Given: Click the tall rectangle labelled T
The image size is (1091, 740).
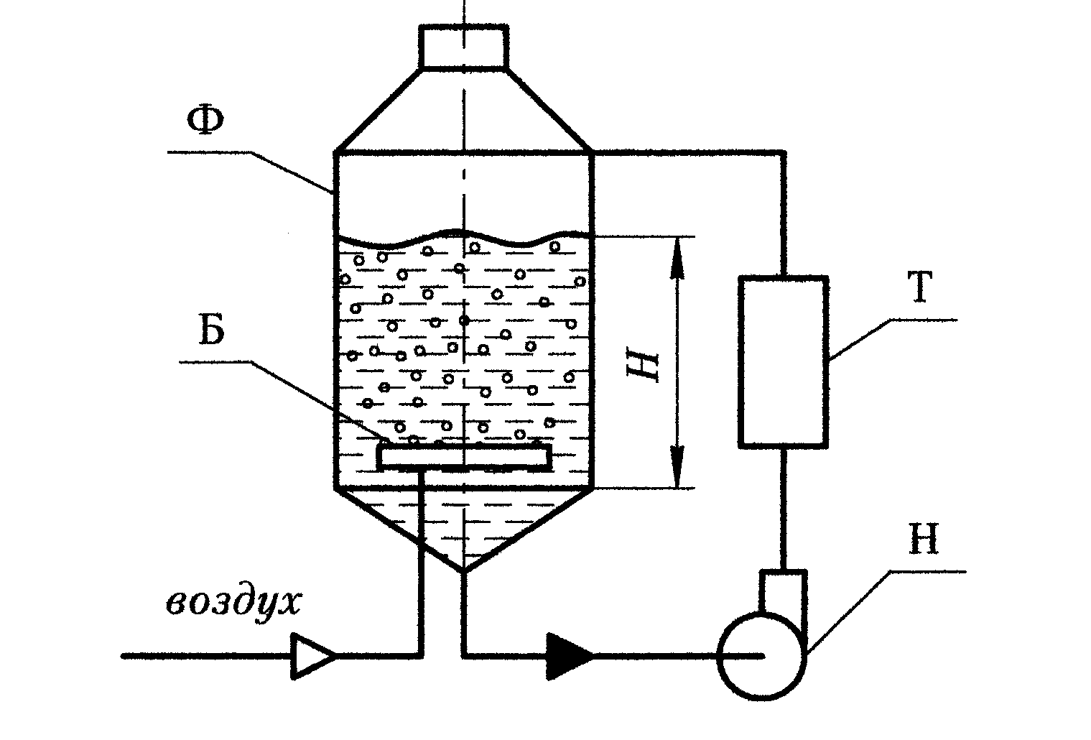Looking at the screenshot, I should pyautogui.click(x=784, y=361).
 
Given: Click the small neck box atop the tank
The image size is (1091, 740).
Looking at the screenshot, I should pyautogui.click(x=464, y=47).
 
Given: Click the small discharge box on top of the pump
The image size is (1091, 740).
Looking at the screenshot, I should pyautogui.click(x=784, y=589).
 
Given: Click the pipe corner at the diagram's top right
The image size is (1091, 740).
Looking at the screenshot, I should pyautogui.click(x=784, y=152).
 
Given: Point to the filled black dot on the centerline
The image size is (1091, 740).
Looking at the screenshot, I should pyautogui.click(x=465, y=320).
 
